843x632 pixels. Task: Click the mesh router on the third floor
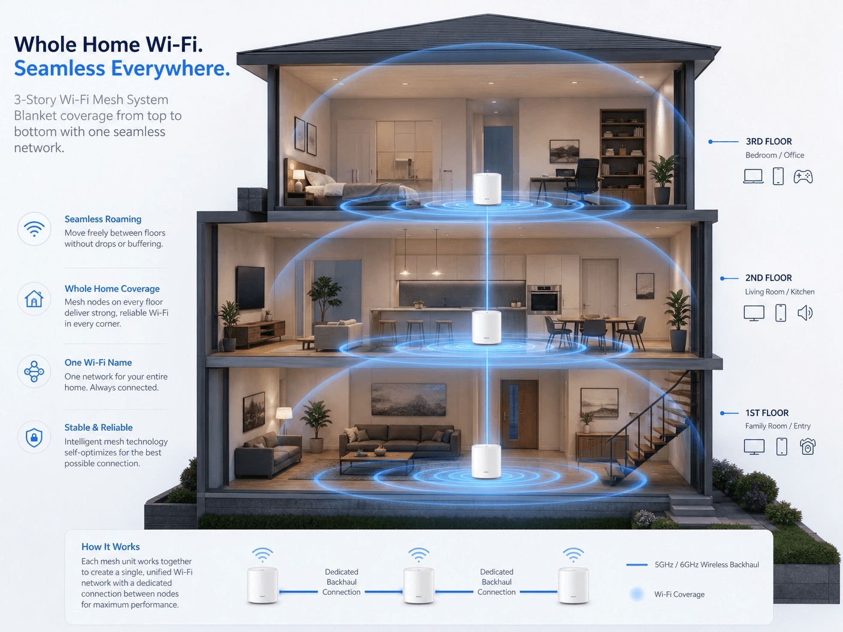pos(487,188)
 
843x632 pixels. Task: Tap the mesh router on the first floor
pos(486,461)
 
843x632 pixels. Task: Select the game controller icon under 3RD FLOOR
pos(803,177)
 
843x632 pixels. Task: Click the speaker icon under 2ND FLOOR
pos(805,313)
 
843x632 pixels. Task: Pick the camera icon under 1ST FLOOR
pos(807,446)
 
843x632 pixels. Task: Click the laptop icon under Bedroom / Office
pos(753,177)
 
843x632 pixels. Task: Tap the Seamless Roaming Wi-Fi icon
pos(34,229)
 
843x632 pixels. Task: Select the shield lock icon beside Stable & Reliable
pos(34,437)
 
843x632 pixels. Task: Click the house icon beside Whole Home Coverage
pos(34,299)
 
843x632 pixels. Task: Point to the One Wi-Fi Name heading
pos(98,363)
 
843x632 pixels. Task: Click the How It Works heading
pos(111,547)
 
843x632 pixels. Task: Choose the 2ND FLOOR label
pos(769,278)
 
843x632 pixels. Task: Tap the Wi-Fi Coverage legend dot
pos(637,594)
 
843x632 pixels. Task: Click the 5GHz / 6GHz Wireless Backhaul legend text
pos(706,564)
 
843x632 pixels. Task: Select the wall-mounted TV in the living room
pos(250,287)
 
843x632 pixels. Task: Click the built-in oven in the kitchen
pos(544,299)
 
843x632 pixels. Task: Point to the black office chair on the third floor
pos(581,181)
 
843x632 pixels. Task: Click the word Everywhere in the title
pos(171,68)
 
